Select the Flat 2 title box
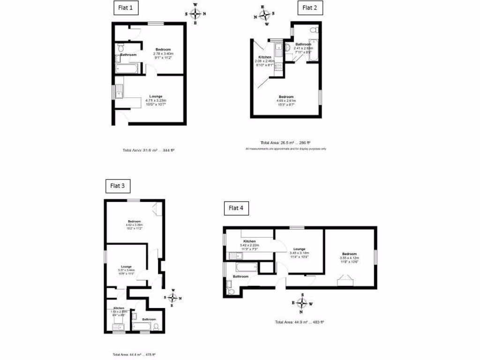(x=310, y=7)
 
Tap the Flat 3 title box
(x=117, y=186)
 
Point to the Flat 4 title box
(x=236, y=208)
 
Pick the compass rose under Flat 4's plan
(x=302, y=303)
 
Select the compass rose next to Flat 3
(x=172, y=298)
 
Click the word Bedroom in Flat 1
(x=163, y=49)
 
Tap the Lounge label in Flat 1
(x=156, y=96)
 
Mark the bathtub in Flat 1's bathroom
(x=126, y=70)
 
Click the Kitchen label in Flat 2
(x=265, y=57)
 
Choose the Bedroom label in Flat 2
(x=286, y=97)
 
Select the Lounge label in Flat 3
(x=126, y=266)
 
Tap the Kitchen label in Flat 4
(x=249, y=241)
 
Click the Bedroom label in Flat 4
(x=349, y=254)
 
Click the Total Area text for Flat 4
(x=300, y=322)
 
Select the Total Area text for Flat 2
(x=285, y=142)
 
